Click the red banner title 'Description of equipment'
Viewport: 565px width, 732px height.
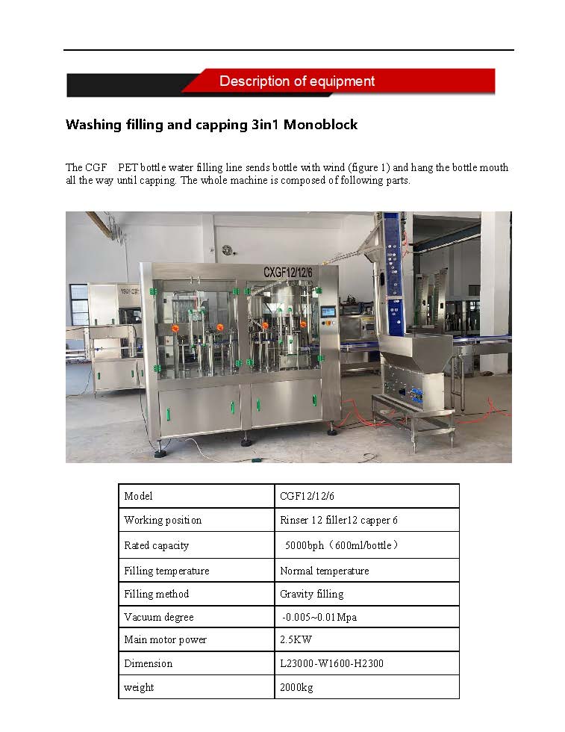(x=297, y=81)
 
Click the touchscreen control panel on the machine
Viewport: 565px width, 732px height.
(x=328, y=313)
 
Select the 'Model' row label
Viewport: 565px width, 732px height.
(x=138, y=496)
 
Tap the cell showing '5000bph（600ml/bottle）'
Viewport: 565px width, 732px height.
(x=341, y=545)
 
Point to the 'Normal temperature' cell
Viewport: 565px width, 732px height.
(x=324, y=571)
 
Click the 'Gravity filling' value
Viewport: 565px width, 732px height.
(x=311, y=594)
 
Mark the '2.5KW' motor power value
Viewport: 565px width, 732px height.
(x=296, y=639)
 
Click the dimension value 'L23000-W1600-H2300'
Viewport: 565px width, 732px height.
(x=331, y=663)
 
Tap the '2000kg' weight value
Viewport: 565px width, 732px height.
(x=296, y=686)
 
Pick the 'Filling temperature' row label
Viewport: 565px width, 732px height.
(x=166, y=571)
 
